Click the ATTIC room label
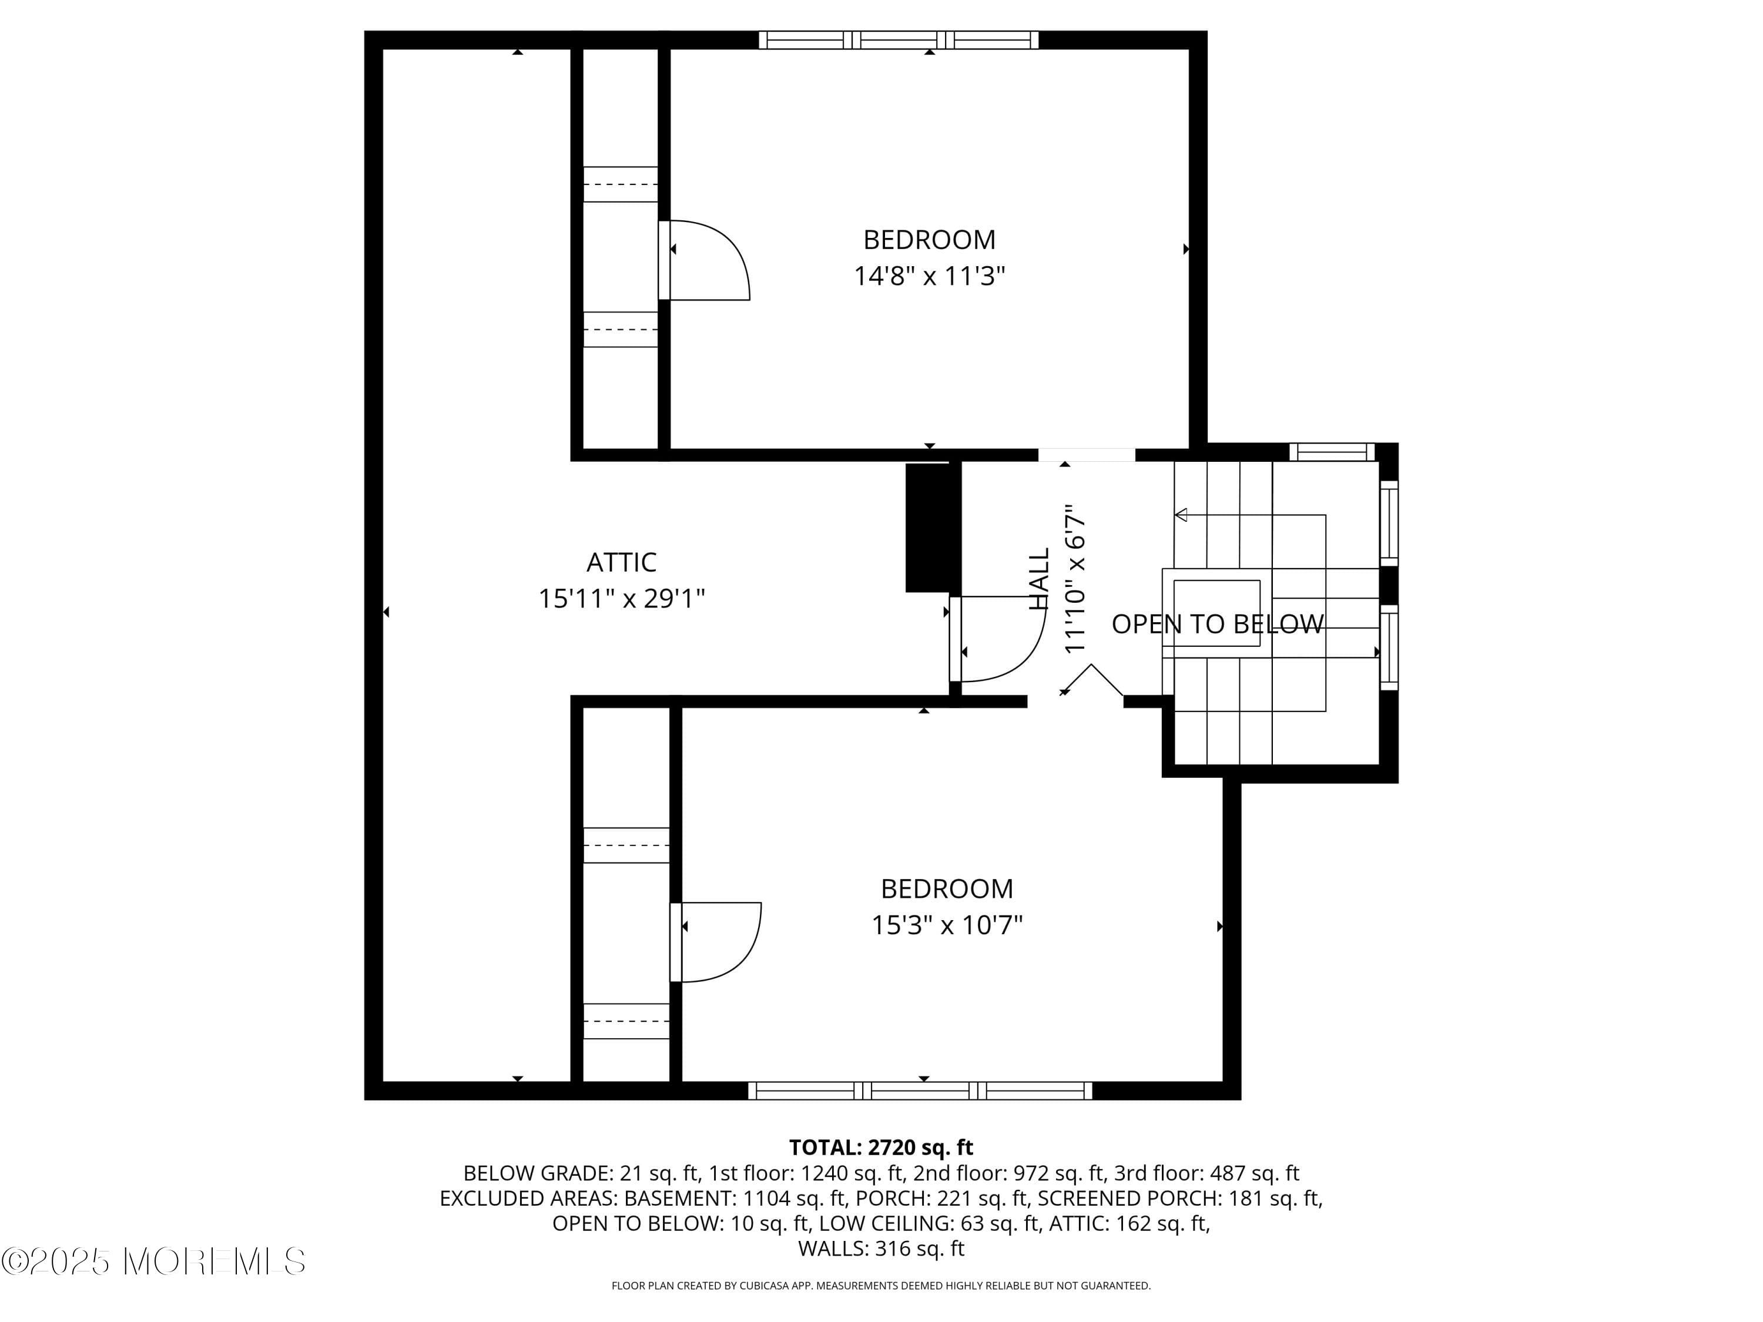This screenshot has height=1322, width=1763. pos(621,563)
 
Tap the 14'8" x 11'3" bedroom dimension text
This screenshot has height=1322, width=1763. pos(929,277)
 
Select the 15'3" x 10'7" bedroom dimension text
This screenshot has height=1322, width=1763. pos(946,925)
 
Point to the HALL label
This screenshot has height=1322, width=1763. pos(1038,579)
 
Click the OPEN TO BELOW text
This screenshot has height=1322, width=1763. pos(1217,624)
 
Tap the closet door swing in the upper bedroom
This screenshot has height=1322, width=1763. pos(708,261)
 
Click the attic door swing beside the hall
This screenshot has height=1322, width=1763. pos(1000,639)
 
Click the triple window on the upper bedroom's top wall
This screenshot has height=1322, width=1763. pos(898,40)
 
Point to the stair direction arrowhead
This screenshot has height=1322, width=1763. pos(1181,515)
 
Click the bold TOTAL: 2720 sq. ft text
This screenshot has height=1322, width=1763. pos(881,1147)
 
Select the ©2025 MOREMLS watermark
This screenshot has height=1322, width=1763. pos(153,1261)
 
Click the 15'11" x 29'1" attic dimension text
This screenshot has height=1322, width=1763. pos(621,599)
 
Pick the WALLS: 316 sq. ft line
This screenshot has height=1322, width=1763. pos(881,1249)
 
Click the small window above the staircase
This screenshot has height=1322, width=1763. pos(1331,452)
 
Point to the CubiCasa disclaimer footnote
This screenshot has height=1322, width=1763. pos(881,1286)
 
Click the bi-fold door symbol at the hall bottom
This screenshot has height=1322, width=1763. pos(1092,680)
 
